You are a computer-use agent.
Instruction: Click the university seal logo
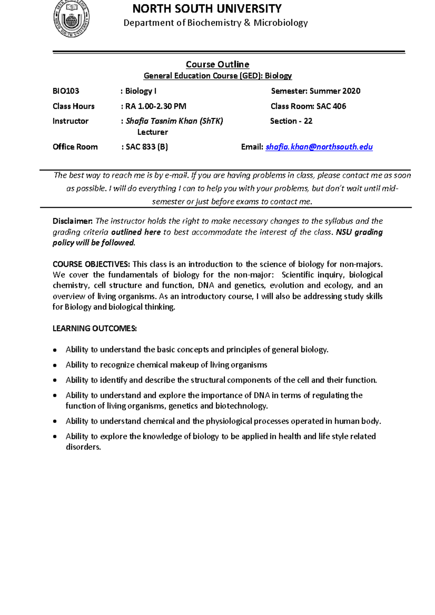tap(71, 18)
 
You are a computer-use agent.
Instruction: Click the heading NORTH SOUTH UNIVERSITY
tap(207, 9)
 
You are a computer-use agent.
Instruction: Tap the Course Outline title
tap(217, 65)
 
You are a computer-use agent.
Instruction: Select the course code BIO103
tap(66, 91)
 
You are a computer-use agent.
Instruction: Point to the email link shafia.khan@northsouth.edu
tap(319, 147)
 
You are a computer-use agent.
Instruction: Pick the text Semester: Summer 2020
tap(315, 91)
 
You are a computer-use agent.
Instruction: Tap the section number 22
tap(308, 121)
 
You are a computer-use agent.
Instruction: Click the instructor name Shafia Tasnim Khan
tap(162, 121)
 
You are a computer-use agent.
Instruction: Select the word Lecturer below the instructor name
tap(153, 132)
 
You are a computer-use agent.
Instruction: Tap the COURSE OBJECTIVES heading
tap(91, 264)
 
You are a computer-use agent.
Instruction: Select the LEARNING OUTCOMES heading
tap(95, 328)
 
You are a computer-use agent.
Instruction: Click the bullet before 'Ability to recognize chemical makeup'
tap(55, 365)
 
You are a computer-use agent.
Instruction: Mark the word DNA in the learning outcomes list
tap(262, 395)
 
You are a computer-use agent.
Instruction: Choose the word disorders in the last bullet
tap(83, 447)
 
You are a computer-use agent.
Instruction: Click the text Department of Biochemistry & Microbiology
tap(216, 23)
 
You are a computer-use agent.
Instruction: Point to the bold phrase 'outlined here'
tap(136, 232)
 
